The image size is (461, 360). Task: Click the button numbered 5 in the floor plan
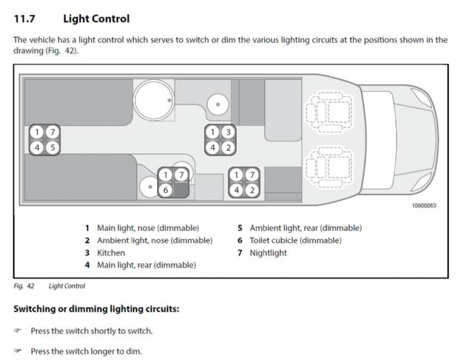point(53,147)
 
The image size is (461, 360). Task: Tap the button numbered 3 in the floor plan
point(228,132)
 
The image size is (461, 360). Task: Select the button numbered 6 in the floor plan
point(166,190)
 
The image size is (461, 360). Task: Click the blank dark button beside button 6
point(181,190)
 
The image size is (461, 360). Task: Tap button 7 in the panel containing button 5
point(53,132)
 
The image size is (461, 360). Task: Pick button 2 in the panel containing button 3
point(228,147)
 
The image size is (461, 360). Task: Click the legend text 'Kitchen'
point(111,253)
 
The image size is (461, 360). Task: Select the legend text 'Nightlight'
point(268,253)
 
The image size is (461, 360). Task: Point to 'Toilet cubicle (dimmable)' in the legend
point(295,241)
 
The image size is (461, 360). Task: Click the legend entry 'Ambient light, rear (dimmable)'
point(306,228)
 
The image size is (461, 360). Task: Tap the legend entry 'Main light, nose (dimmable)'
point(148,228)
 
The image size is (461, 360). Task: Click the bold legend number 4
point(87,265)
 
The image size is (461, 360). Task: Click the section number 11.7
point(24,19)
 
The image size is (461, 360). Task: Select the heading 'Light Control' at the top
point(96,19)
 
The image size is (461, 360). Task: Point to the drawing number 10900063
point(424,205)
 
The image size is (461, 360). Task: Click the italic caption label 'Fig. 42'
point(24,286)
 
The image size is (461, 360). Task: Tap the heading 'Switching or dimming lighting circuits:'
point(96,309)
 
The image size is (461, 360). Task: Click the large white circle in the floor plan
point(154,100)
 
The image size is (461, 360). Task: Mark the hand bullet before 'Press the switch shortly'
point(18,330)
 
